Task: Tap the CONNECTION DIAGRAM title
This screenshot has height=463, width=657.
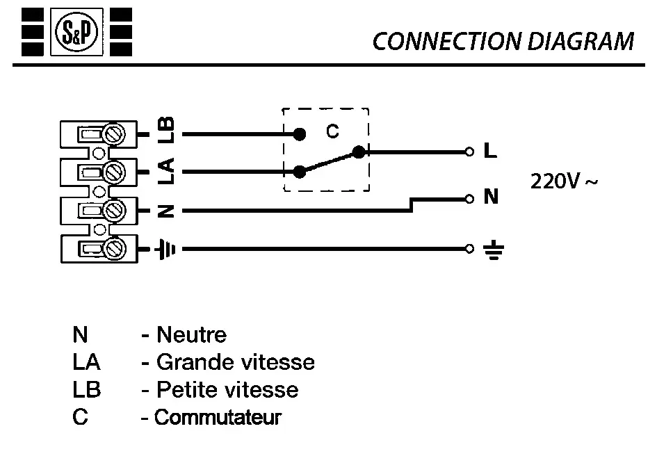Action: (x=503, y=41)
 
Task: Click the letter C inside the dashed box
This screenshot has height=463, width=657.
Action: (x=332, y=131)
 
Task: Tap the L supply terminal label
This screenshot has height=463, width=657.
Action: (x=490, y=151)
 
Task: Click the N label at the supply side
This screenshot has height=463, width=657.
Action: (x=491, y=197)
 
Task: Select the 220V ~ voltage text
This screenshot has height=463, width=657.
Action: (x=563, y=181)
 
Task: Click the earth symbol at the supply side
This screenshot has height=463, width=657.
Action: (x=492, y=249)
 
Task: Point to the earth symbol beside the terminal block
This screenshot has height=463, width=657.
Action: (x=165, y=248)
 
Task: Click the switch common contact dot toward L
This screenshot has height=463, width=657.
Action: (x=359, y=151)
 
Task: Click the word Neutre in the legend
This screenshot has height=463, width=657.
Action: (x=192, y=334)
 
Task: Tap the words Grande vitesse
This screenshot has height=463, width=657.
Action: (x=235, y=362)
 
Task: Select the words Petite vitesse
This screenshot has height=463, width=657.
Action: (x=227, y=389)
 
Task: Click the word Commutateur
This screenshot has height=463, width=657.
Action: (x=218, y=417)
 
